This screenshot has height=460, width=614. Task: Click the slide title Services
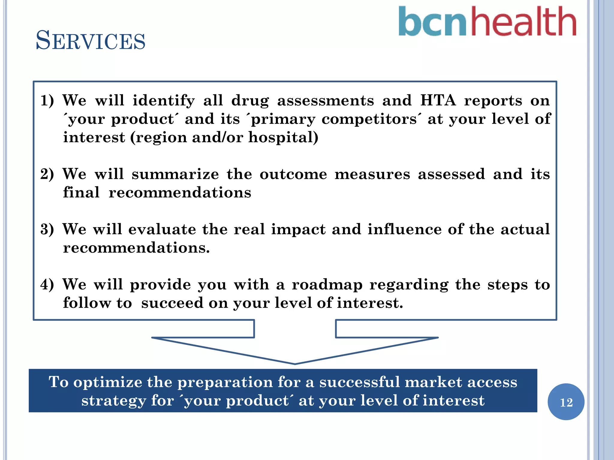point(90,41)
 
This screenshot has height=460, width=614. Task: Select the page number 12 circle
point(566,402)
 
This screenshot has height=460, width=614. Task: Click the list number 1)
point(47,101)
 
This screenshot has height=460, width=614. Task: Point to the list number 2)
point(47,174)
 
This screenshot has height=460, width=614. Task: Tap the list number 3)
point(47,229)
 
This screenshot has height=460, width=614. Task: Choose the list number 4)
point(47,285)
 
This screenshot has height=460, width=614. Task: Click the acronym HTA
point(438,100)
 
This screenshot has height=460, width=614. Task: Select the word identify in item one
point(164,101)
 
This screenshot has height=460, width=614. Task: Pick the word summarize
point(175,174)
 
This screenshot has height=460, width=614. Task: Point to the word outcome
point(293,174)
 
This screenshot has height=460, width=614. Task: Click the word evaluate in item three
point(162,229)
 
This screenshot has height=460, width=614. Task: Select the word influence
point(404,229)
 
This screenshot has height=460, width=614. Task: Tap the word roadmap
point(327,285)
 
